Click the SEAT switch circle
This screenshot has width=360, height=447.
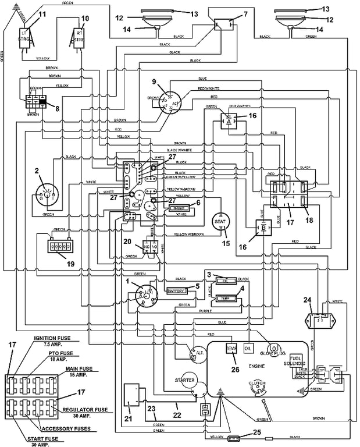pos(220,221)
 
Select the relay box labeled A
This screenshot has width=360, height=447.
pos(230,122)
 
